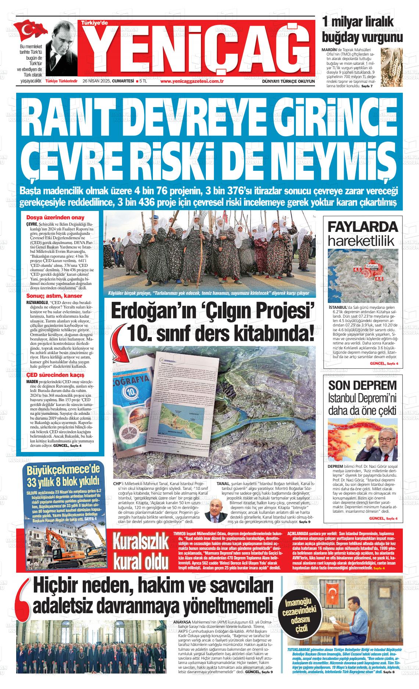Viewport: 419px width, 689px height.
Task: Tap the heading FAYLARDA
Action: (x=362, y=227)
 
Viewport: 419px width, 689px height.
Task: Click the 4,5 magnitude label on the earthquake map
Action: (x=357, y=270)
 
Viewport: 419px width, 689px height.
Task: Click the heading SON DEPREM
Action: (x=362, y=385)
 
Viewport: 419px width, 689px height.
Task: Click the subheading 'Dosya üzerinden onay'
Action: (x=55, y=218)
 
